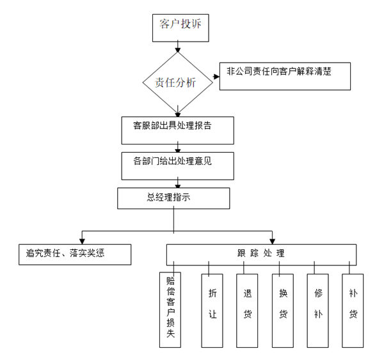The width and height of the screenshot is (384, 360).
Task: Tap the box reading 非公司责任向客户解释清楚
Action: point(285,77)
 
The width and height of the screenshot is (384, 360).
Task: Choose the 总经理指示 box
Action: point(173,198)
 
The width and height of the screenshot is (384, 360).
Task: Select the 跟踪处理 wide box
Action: point(262,254)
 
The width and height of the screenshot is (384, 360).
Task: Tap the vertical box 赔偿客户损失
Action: point(170,310)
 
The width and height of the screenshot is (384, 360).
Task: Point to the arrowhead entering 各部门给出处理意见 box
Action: point(177,149)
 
